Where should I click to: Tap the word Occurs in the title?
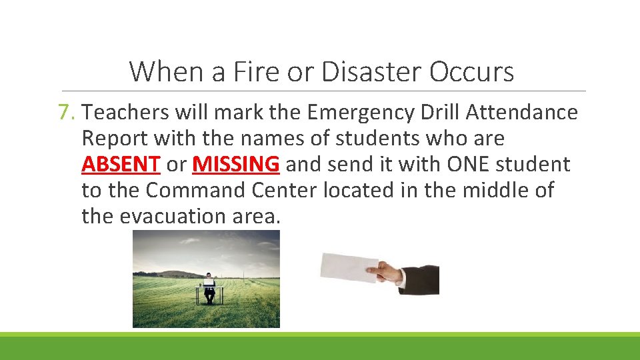click(472, 71)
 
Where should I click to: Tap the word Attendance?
click(522, 113)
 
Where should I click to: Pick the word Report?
click(115, 139)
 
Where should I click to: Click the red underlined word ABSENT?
click(121, 164)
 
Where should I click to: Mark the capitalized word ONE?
click(470, 164)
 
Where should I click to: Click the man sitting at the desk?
click(209, 288)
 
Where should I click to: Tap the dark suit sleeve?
click(421, 279)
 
